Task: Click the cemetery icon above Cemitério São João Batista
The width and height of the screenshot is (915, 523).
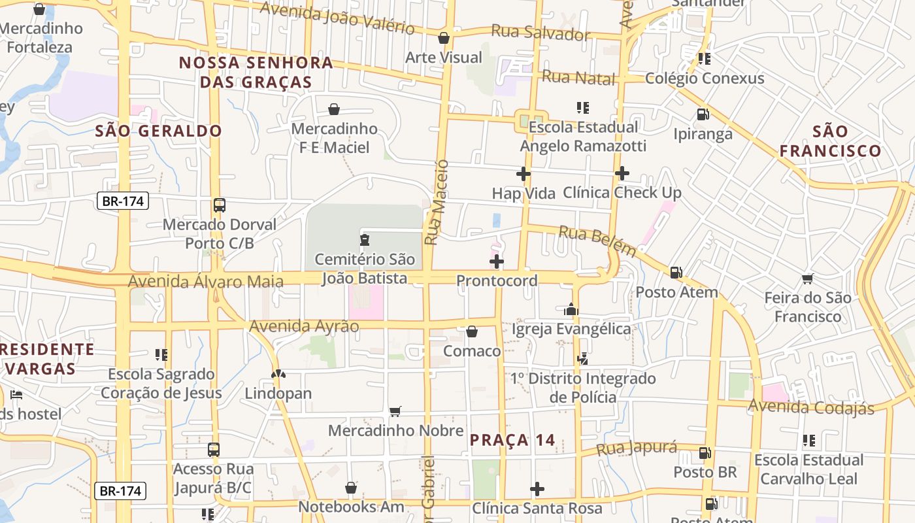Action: (x=365, y=240)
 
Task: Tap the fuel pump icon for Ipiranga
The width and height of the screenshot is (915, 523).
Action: (x=703, y=114)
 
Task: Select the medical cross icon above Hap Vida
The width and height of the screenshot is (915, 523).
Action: (x=523, y=174)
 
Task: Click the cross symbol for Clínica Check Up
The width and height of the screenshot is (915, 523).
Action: (x=622, y=173)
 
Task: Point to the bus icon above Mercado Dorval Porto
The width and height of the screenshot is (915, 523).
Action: (x=220, y=205)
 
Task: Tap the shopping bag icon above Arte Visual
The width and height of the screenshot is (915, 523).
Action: (x=444, y=38)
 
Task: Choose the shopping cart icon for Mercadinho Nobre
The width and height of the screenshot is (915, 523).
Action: (x=395, y=411)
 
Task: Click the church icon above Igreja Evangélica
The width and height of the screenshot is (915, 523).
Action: (x=571, y=309)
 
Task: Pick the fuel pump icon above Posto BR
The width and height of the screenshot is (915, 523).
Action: (x=705, y=452)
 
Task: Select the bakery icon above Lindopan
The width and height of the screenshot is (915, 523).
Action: (x=278, y=375)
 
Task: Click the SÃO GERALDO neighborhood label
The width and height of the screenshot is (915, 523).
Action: (x=159, y=131)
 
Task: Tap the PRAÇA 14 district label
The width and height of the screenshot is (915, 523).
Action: (x=512, y=440)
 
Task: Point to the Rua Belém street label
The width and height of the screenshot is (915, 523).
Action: (x=597, y=241)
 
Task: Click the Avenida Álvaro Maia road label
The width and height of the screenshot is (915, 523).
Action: (x=206, y=282)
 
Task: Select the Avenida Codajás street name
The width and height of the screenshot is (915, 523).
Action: (x=810, y=407)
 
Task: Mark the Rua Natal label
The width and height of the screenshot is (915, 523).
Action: (x=578, y=78)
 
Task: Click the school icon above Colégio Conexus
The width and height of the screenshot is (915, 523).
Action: (x=704, y=59)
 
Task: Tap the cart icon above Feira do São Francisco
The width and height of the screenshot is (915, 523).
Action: (x=808, y=279)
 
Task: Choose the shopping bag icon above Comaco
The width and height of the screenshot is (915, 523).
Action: (x=471, y=332)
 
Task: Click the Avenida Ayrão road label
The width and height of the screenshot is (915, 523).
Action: (x=304, y=326)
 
